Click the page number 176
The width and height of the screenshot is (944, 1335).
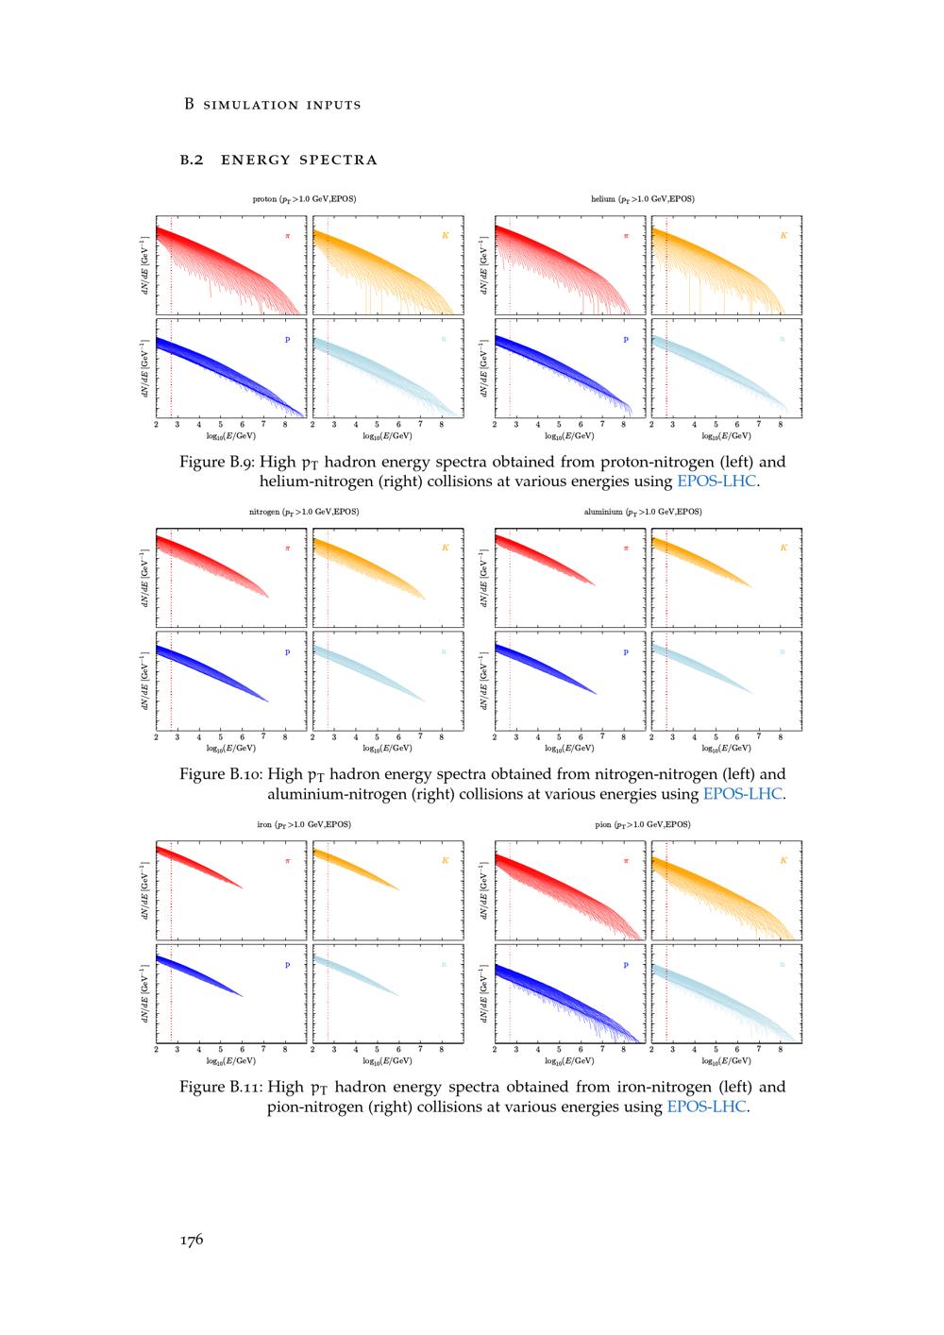point(192,1241)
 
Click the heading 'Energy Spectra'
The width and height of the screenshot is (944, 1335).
point(298,160)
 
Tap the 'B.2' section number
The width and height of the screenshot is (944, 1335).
point(192,160)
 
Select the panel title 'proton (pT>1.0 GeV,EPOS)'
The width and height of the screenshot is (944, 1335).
point(304,199)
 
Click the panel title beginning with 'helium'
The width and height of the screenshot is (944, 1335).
point(643,199)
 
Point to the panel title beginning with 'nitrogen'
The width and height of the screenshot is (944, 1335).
point(304,512)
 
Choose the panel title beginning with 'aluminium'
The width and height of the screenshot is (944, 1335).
point(643,512)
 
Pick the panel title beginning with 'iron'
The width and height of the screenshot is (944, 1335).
point(304,824)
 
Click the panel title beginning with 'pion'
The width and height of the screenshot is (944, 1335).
point(643,824)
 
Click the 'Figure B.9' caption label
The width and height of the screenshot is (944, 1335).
point(217,462)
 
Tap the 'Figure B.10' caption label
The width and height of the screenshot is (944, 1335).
point(221,774)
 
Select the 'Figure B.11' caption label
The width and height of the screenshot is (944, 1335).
point(221,1087)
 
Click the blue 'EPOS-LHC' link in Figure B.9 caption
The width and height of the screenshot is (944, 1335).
point(716,482)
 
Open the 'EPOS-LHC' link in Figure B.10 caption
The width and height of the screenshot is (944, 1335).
point(743,794)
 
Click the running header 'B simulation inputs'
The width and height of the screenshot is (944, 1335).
point(272,104)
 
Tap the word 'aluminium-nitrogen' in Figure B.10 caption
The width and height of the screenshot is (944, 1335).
point(336,794)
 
